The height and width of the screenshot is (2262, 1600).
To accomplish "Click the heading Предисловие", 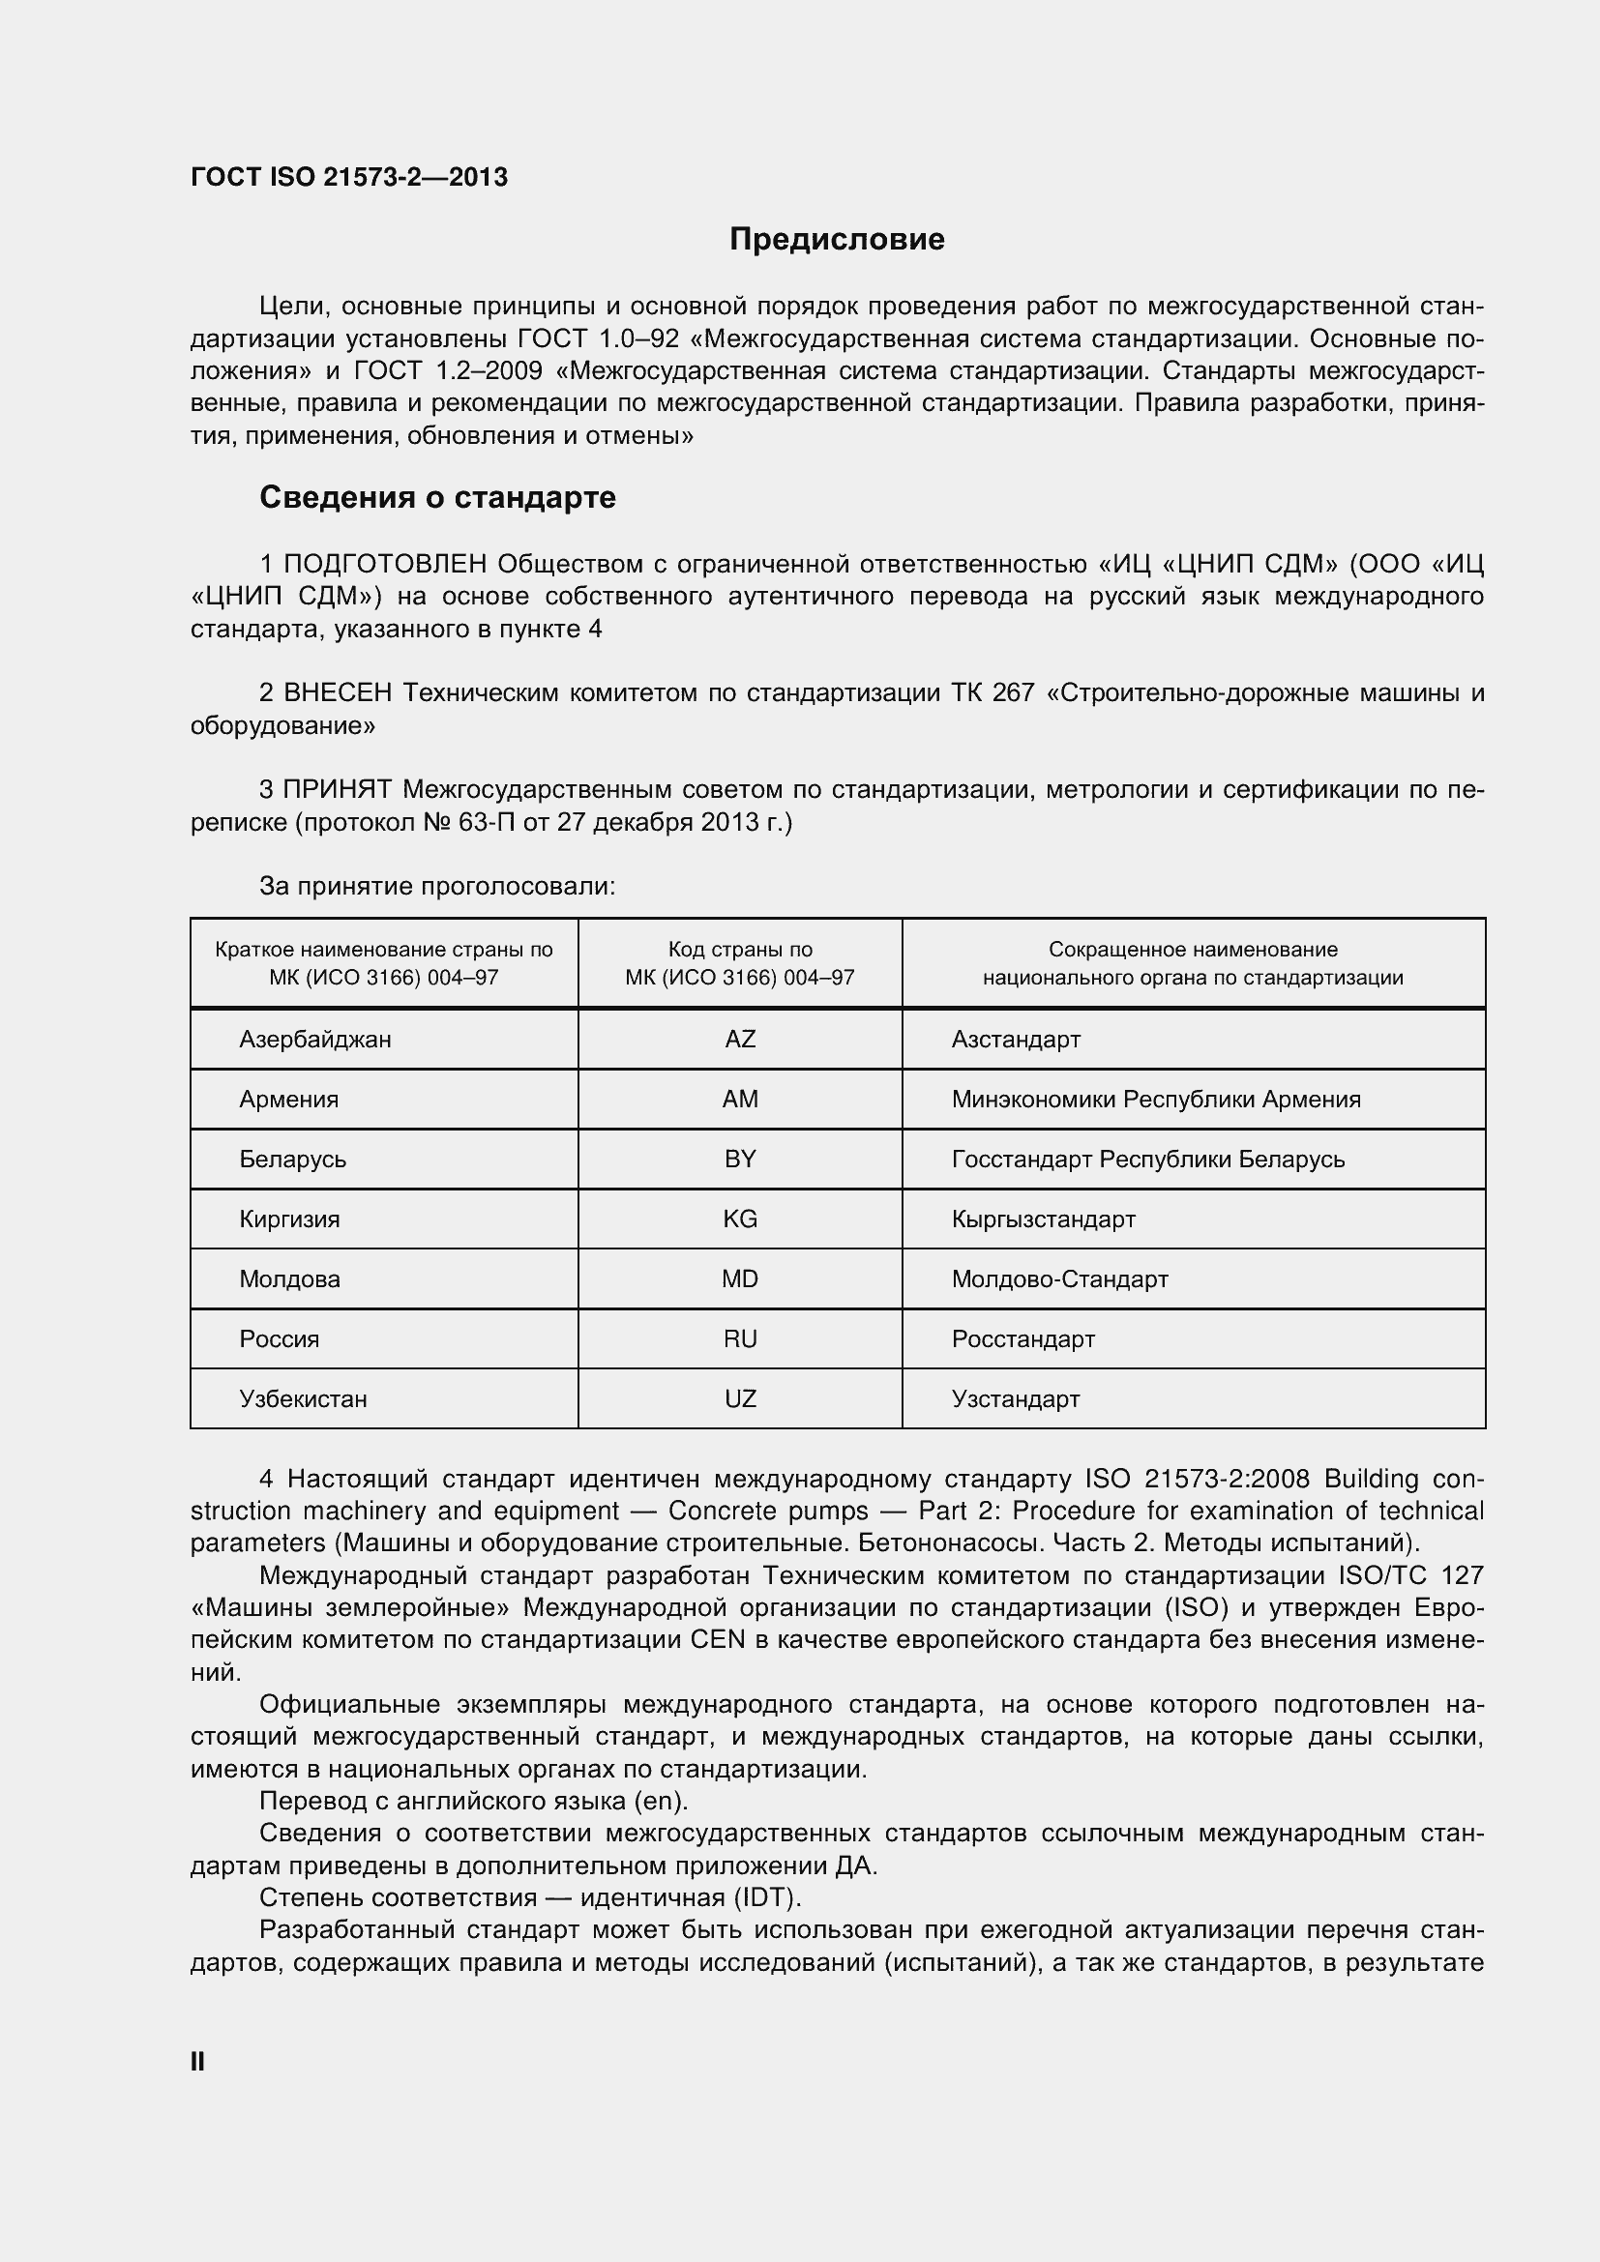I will pos(837,240).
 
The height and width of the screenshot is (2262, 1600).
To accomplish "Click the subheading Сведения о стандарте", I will pos(437,497).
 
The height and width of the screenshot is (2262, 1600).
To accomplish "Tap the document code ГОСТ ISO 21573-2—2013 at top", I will pos(349,177).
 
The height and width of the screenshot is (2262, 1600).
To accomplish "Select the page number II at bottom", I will pos(197,2062).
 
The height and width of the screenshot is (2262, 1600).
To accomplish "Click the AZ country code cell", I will pos(740,1040).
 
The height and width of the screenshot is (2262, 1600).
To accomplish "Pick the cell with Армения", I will pos(288,1100).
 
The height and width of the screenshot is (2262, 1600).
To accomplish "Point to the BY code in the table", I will pos(740,1160).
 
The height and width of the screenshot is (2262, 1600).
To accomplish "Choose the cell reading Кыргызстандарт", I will pos(1044,1219).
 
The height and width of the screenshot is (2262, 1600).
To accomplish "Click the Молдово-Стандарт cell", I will pos(1059,1279).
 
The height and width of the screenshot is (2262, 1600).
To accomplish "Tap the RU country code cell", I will pos(740,1339).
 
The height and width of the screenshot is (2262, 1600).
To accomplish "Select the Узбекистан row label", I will pos(304,1400).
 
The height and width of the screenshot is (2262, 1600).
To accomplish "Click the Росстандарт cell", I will pos(1022,1339).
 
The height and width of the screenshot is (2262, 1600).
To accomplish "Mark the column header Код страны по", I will pos(740,950).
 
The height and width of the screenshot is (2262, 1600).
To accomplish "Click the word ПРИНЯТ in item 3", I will pos(337,790).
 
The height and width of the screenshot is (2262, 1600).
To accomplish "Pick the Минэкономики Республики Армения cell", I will pos(1156,1100).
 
